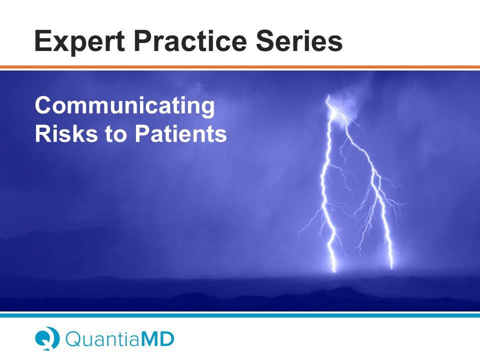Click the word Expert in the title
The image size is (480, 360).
coord(79,42)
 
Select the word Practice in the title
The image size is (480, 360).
coord(190,42)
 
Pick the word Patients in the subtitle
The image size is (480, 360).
coord(181,133)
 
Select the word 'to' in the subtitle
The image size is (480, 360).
coord(115,134)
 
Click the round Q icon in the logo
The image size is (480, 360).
coord(47,338)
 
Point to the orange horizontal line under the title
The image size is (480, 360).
coord(240,67)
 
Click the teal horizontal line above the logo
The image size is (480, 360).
coord(240,315)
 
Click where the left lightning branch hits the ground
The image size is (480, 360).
coord(334,270)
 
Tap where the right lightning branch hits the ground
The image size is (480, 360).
coord(392,267)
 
